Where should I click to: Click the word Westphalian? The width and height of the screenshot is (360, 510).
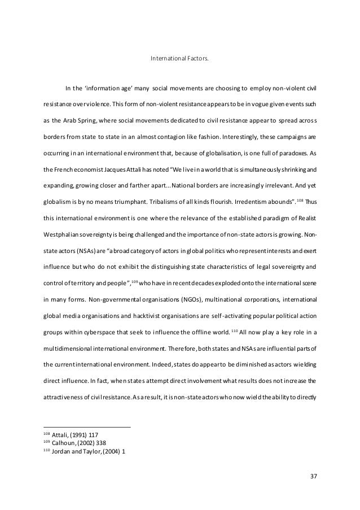click(x=61, y=233)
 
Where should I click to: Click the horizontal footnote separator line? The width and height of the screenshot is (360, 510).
click(x=87, y=426)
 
